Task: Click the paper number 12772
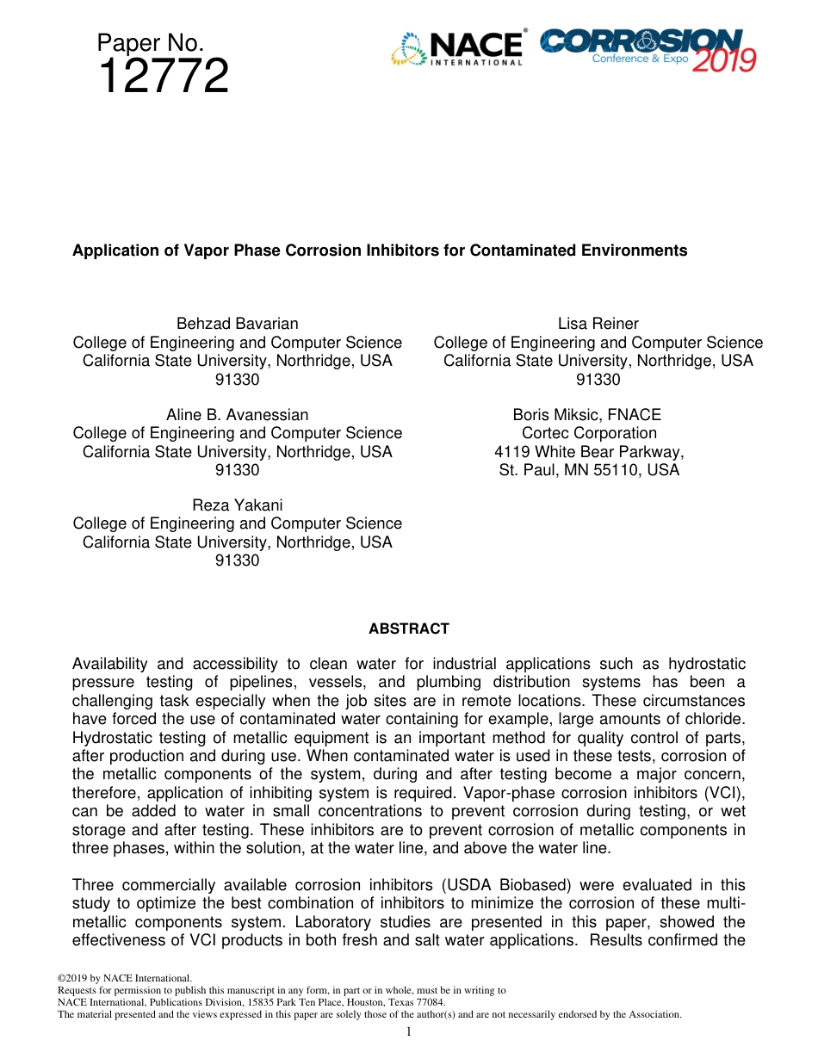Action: point(164,77)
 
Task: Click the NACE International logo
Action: point(458,48)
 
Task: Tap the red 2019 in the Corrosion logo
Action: point(723,60)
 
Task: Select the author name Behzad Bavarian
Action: point(237,324)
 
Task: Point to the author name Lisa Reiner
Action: point(598,324)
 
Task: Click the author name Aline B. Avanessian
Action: point(237,415)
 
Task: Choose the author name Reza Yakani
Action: point(237,505)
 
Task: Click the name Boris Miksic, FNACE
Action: point(587,415)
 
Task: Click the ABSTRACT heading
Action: point(409,629)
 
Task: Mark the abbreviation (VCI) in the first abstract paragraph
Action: point(725,793)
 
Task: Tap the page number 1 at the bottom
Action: point(409,1031)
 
